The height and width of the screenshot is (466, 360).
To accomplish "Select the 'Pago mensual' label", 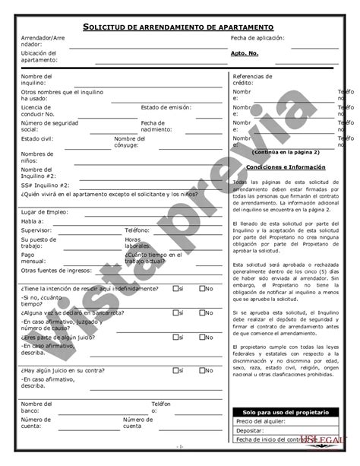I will (x=34, y=256).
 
